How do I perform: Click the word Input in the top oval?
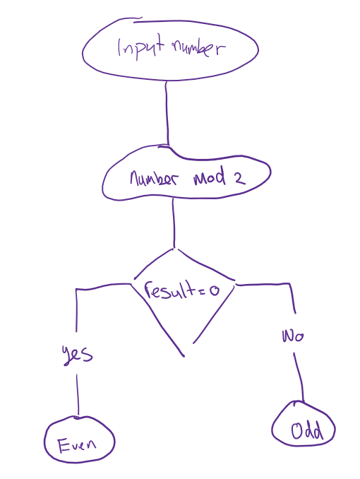point(141,47)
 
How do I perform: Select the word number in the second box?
point(154,178)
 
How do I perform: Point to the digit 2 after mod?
point(240,179)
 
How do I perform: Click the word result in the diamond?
point(170,290)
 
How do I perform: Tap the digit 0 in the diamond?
point(215,290)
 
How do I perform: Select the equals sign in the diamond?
point(202,291)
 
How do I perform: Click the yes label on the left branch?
point(77,355)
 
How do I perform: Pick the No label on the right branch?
point(293,336)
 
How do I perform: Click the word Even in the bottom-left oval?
point(77,445)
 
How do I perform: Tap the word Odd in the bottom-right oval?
point(307,430)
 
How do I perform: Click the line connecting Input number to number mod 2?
point(167,113)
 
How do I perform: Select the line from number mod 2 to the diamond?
point(174,223)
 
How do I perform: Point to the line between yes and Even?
point(77,395)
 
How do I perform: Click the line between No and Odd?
point(299,377)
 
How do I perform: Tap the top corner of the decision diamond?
point(174,249)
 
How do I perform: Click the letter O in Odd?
point(296,431)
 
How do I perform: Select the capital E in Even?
point(64,445)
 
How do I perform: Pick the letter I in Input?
point(120,47)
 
